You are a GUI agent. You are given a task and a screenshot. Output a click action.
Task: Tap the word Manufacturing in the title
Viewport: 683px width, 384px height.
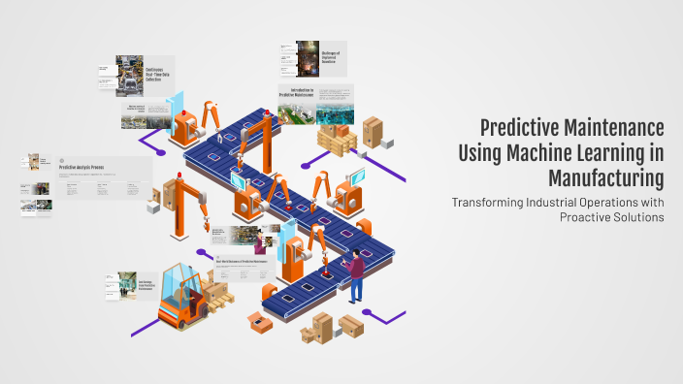tap(605, 177)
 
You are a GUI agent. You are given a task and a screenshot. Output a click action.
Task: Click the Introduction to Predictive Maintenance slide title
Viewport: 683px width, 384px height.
tap(296, 92)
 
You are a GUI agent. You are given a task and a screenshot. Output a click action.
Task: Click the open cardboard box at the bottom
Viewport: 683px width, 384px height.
tap(259, 321)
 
